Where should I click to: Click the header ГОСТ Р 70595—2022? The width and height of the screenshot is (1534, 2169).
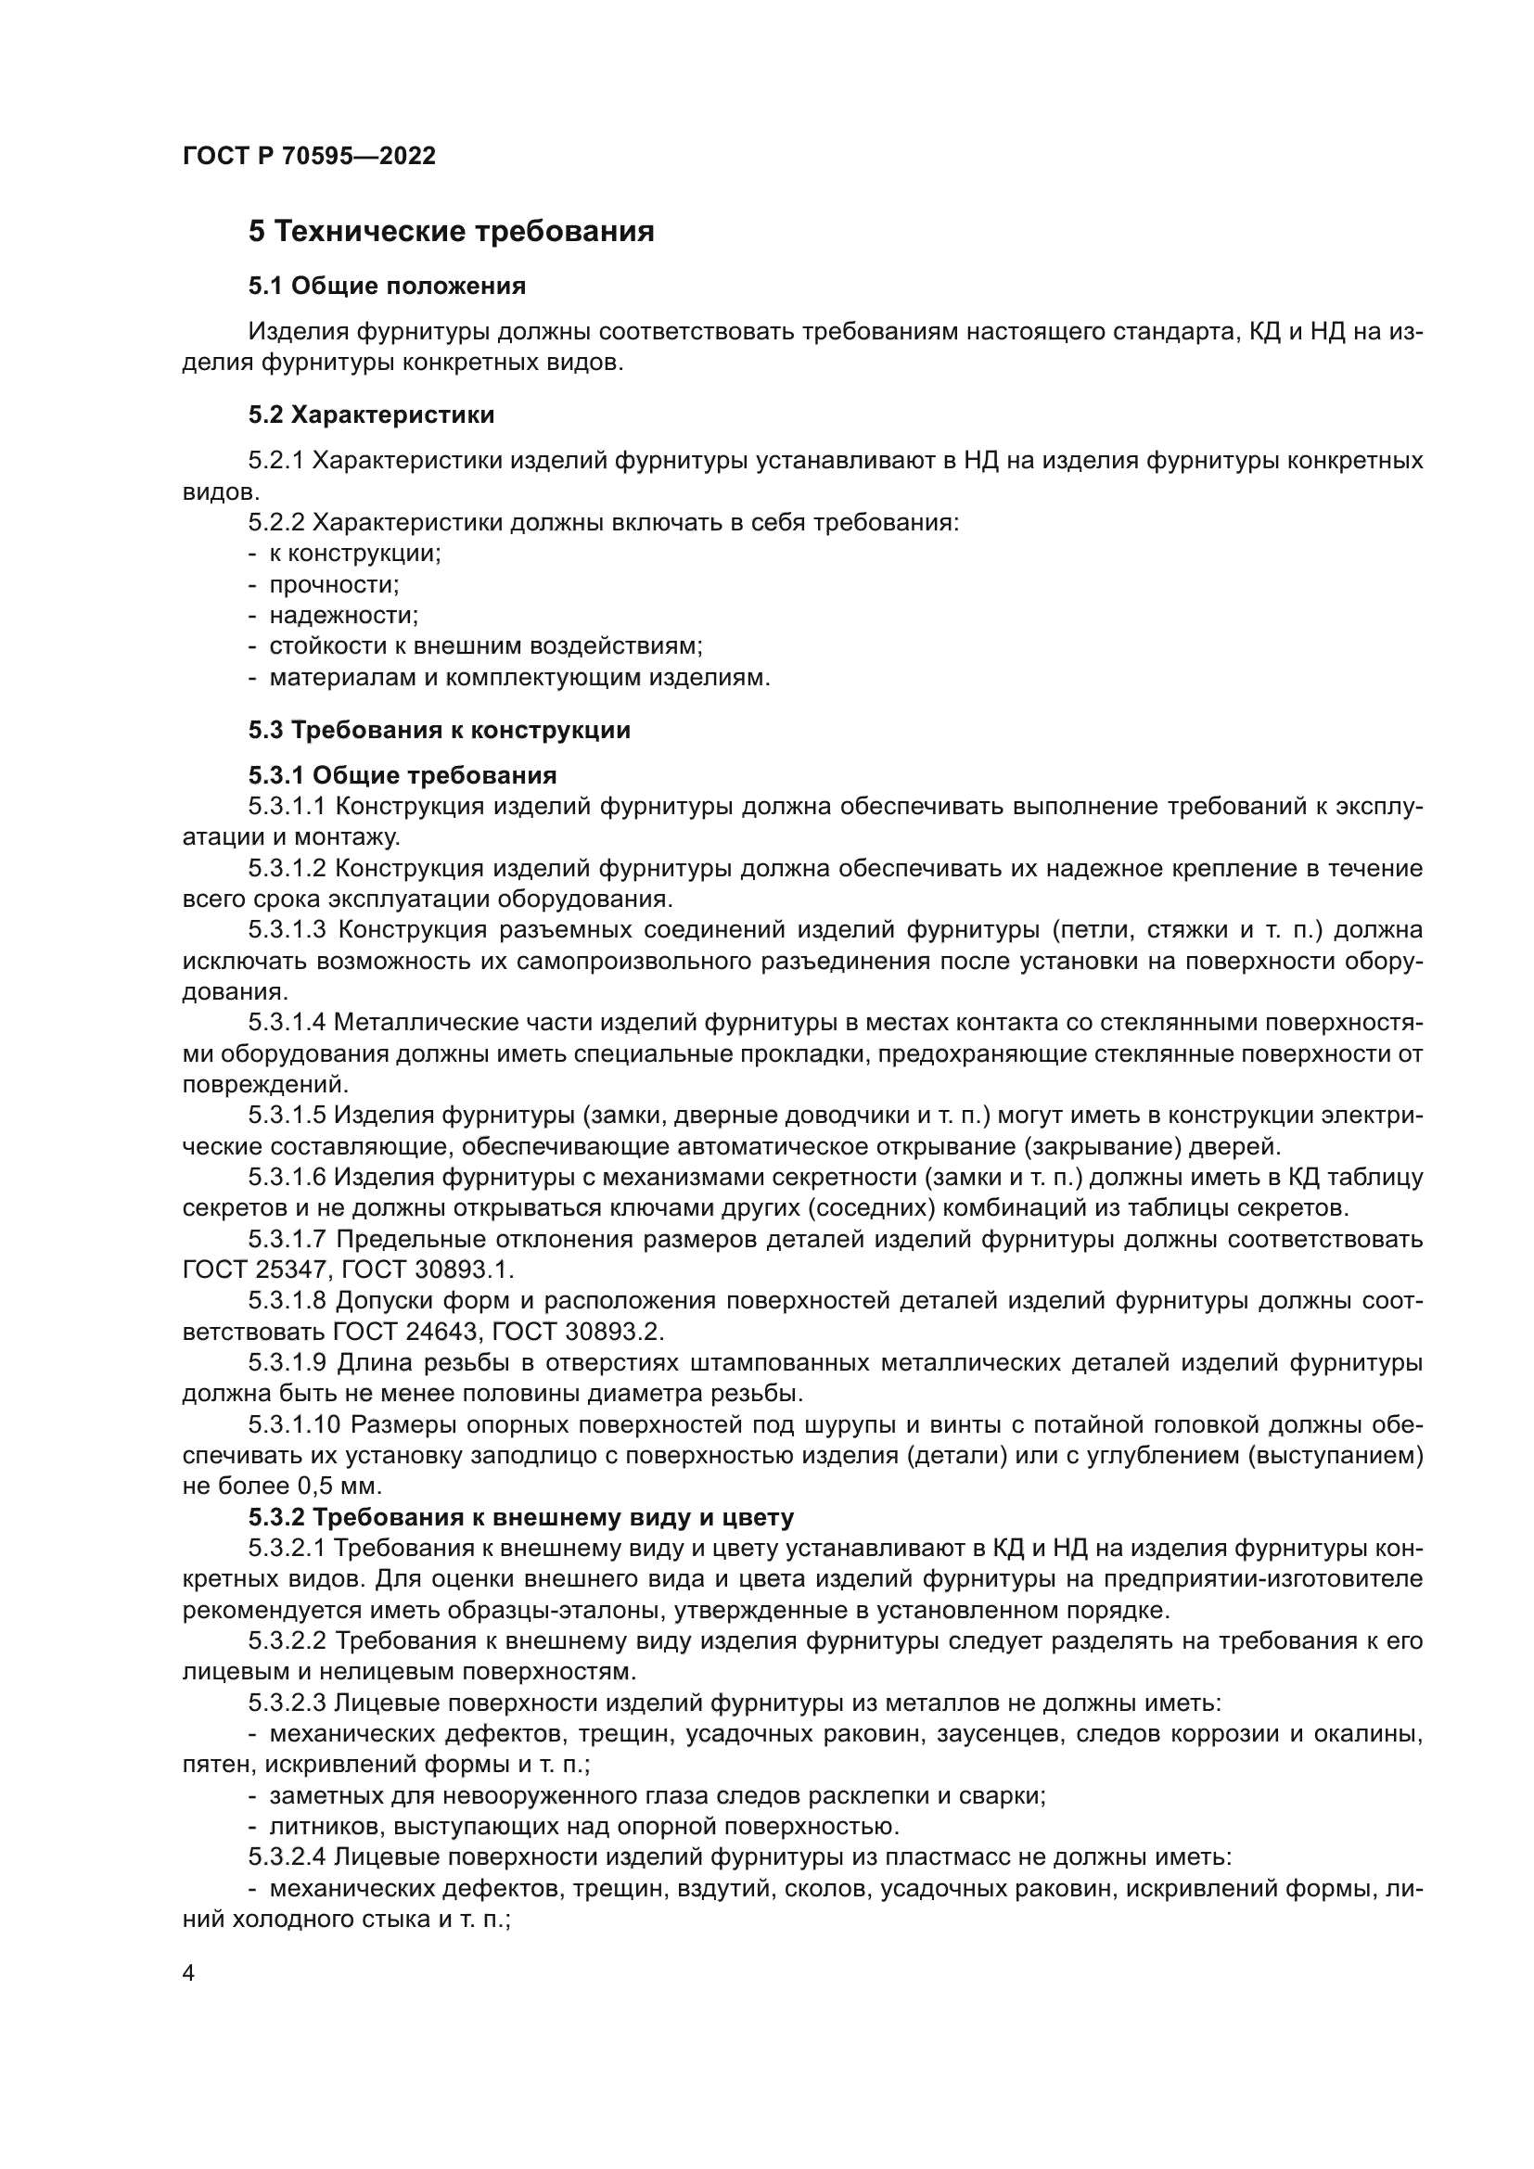309,156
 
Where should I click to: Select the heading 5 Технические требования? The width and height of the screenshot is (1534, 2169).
451,232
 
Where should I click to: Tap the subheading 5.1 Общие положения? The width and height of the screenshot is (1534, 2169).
388,286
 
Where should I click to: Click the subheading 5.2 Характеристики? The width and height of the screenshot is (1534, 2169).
371,415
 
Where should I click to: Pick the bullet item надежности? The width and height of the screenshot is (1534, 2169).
343,616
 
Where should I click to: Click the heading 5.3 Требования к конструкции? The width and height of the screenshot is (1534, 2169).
440,729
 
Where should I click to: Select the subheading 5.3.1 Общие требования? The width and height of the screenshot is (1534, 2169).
403,775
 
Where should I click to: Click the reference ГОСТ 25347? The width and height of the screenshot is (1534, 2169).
254,1270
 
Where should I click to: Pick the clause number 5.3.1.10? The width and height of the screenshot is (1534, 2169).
293,1424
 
